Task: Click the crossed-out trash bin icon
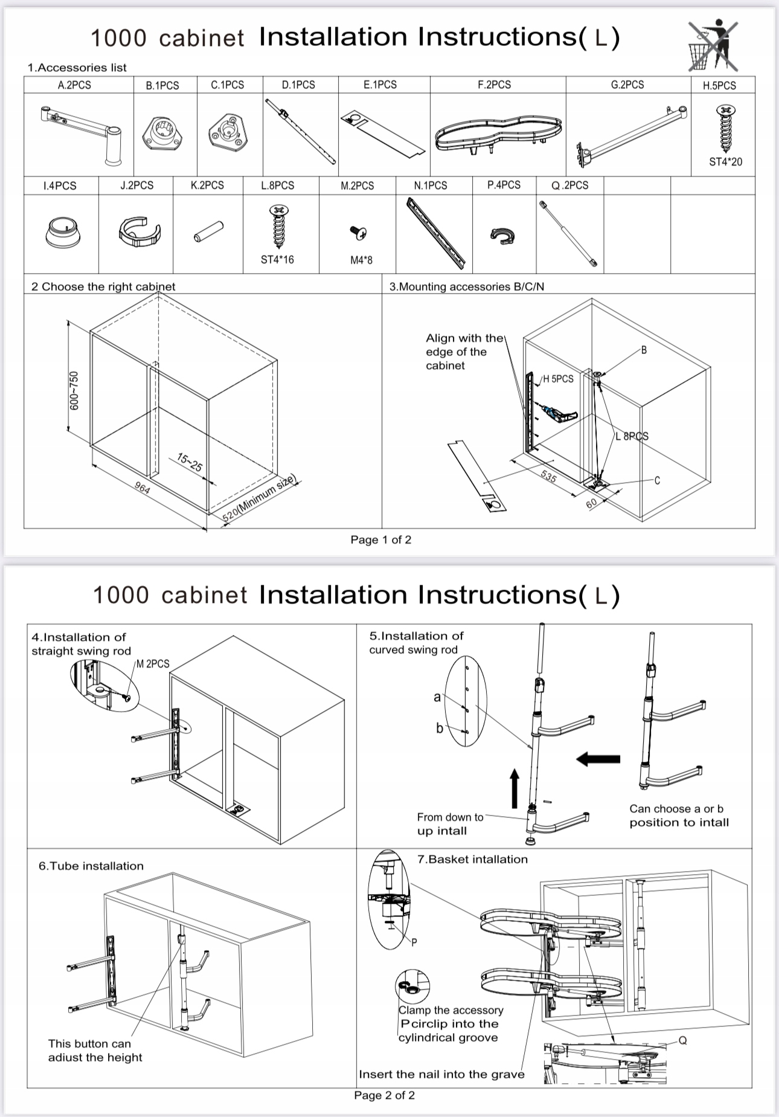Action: coord(713,46)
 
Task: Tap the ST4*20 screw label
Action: coord(725,162)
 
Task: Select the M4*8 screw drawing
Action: coord(359,231)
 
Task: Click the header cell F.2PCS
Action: coord(494,85)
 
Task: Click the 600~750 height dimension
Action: coord(74,390)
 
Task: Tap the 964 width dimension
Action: coord(143,487)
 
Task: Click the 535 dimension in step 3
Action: coord(548,476)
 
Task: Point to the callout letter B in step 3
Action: coord(644,350)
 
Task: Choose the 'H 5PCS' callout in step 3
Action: coord(558,379)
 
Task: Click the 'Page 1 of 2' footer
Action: coord(380,539)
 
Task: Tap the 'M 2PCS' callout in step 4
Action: coord(153,663)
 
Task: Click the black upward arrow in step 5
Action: coord(515,788)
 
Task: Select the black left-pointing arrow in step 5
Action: coord(598,759)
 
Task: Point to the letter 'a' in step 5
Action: coord(437,697)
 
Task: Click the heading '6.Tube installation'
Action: coord(91,866)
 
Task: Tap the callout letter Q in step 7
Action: coord(683,1040)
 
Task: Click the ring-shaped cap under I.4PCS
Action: coord(62,233)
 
